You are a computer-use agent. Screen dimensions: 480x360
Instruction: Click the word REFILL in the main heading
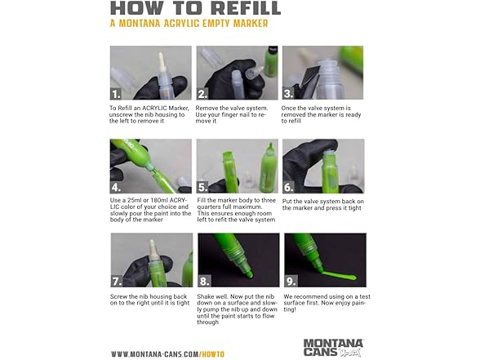coord(246,8)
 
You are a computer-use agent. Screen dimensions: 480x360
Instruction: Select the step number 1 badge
coord(116,94)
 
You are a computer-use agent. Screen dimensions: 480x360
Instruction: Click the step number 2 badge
coord(202,94)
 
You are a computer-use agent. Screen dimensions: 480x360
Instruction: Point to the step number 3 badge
coord(288,94)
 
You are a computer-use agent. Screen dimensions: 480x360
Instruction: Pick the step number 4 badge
coord(116,188)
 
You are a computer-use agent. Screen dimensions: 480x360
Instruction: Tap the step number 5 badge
coord(202,188)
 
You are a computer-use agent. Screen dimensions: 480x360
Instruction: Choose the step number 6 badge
coord(289,188)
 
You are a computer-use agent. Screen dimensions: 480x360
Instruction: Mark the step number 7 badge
coord(117,282)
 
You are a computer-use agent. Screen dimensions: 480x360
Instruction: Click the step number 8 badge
coord(204,282)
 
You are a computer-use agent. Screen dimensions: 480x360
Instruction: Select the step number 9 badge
coord(291,282)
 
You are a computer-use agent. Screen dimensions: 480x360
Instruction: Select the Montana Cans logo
coord(333,348)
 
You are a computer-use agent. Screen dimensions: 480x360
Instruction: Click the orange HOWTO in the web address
coord(213,354)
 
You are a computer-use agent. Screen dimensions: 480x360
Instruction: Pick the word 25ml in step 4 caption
coord(136,201)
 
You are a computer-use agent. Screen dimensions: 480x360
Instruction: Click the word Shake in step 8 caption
coord(206,296)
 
